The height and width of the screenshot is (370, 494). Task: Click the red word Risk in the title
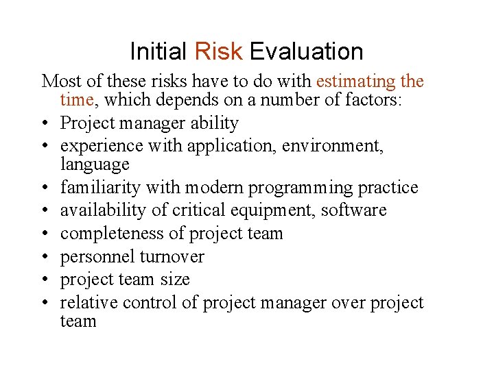click(218, 51)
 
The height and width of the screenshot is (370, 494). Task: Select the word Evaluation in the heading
click(306, 51)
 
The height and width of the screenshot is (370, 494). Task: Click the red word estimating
click(355, 82)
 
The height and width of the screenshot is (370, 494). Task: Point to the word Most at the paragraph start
click(59, 82)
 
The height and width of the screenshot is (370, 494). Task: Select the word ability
click(215, 123)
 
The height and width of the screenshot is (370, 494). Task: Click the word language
click(95, 164)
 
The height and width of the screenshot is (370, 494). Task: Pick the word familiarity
click(97, 188)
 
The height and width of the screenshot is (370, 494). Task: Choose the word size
click(175, 280)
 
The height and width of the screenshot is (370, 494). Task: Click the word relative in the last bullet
click(87, 303)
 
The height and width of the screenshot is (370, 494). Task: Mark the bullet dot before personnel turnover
click(46, 257)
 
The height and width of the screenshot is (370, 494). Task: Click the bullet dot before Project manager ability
click(46, 123)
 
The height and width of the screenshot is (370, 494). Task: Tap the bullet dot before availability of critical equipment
click(46, 210)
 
